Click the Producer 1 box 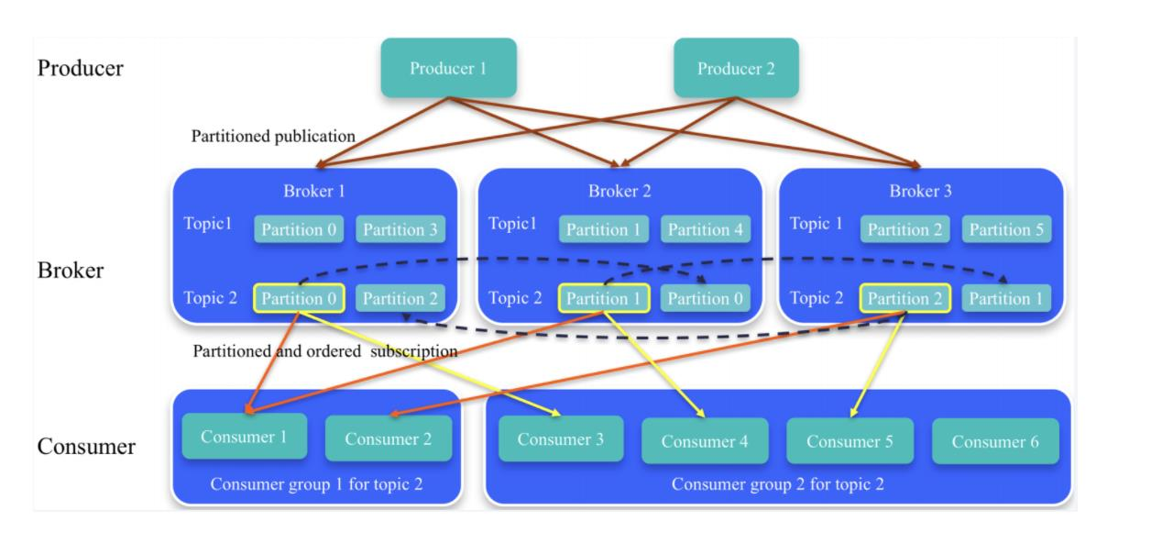click(448, 68)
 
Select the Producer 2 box click(736, 68)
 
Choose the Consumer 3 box click(561, 438)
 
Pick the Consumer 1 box click(244, 437)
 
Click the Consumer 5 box click(850, 441)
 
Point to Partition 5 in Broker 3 click(1006, 229)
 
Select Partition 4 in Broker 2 click(705, 229)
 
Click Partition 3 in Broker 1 click(400, 229)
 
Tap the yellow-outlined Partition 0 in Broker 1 click(299, 298)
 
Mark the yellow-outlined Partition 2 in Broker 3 click(905, 298)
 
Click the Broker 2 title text click(619, 192)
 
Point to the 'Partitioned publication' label click(273, 137)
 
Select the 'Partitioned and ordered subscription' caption click(324, 351)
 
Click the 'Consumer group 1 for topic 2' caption click(316, 483)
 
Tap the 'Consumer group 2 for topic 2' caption click(777, 483)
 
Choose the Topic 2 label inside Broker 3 click(816, 298)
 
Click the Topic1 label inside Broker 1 click(208, 224)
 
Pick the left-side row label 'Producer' click(80, 68)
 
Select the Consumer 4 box click(705, 441)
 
